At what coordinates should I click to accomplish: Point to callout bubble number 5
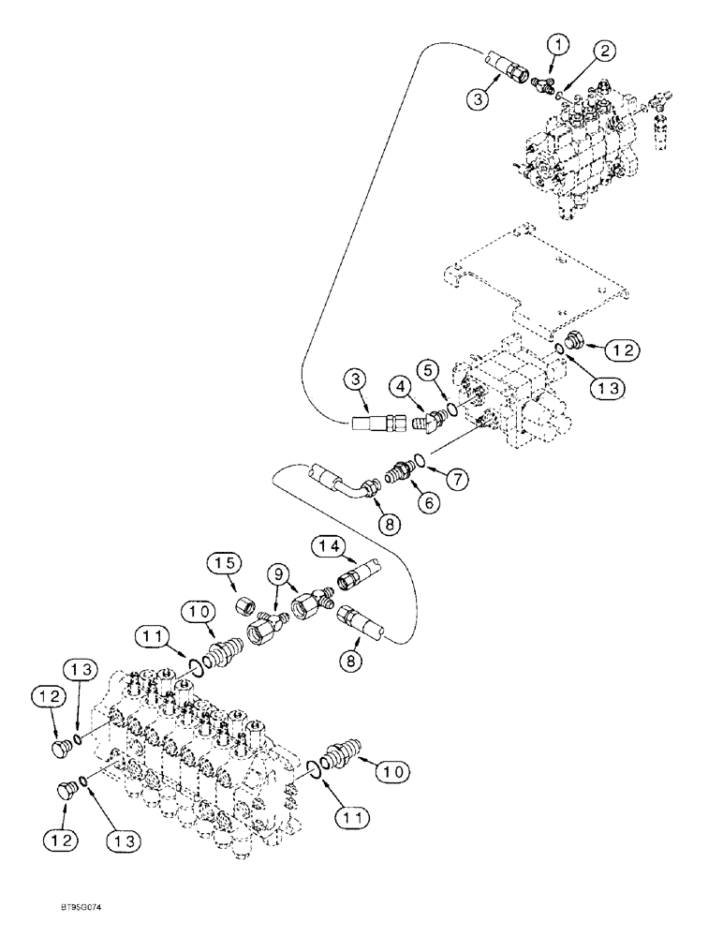coord(431,370)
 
